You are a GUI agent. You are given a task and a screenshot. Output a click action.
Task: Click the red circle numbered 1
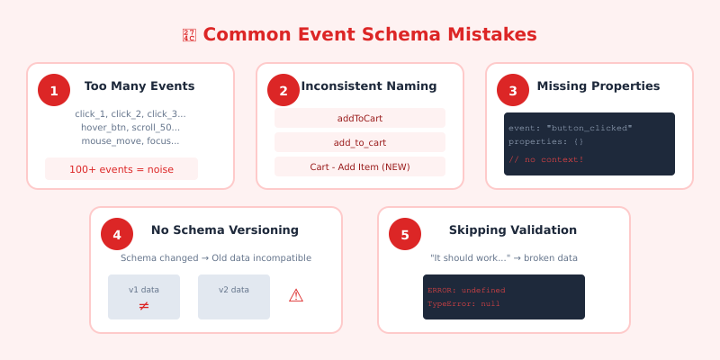[54, 90]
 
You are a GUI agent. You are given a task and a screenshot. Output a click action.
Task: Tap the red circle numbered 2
[283, 90]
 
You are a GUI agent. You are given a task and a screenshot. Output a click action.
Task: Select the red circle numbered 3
[513, 90]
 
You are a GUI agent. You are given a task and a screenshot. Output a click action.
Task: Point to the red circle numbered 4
[117, 234]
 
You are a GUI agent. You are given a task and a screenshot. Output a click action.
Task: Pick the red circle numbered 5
[405, 234]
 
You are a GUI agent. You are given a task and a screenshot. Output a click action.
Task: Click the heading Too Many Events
[139, 86]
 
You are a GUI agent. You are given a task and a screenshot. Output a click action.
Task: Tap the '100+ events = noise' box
[121, 169]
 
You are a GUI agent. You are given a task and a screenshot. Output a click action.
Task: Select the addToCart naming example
[360, 118]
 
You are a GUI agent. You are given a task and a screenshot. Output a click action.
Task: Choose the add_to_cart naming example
[360, 142]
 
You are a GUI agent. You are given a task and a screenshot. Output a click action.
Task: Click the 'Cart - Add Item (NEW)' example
[360, 166]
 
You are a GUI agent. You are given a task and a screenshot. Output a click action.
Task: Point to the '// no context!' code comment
[545, 159]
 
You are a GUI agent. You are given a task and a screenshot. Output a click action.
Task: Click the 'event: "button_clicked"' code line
[570, 128]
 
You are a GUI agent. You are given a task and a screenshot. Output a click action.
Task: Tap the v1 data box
[144, 297]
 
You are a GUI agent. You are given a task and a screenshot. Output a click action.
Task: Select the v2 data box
[234, 297]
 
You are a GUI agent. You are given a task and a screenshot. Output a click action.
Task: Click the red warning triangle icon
[295, 295]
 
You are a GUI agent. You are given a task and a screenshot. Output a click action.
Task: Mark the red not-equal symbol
[144, 306]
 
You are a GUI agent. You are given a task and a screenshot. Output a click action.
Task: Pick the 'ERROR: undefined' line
[466, 290]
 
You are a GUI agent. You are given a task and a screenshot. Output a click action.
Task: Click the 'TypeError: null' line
[463, 303]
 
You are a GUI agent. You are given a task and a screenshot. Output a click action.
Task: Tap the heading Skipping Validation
[513, 230]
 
